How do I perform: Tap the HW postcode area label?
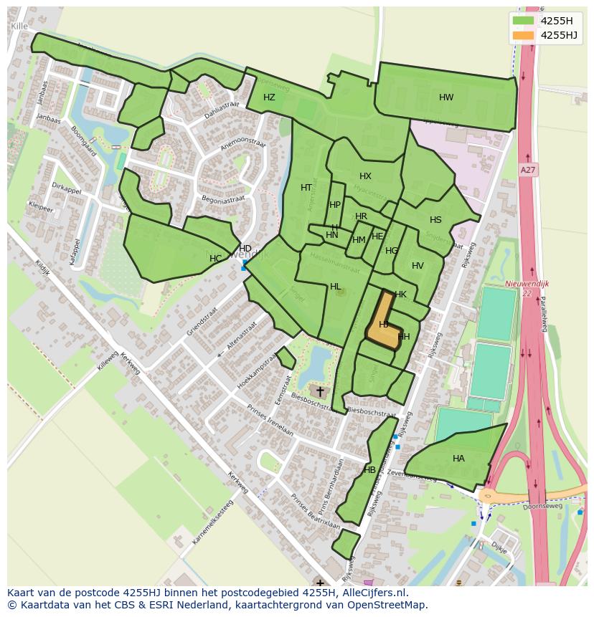pos(446,97)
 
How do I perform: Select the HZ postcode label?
pos(269,97)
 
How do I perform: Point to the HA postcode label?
pos(458,459)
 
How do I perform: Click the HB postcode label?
pos(369,470)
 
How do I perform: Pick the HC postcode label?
pos(215,258)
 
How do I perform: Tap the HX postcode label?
pos(365,176)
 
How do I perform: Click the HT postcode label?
pos(306,188)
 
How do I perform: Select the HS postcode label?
pos(435,220)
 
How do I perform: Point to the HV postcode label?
pos(418,266)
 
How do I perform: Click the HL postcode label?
pos(335,287)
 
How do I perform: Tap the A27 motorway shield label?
pos(528,170)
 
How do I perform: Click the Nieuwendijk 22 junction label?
pos(527,288)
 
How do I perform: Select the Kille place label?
pos(19,26)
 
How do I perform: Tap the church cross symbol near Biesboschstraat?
pos(320,391)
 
